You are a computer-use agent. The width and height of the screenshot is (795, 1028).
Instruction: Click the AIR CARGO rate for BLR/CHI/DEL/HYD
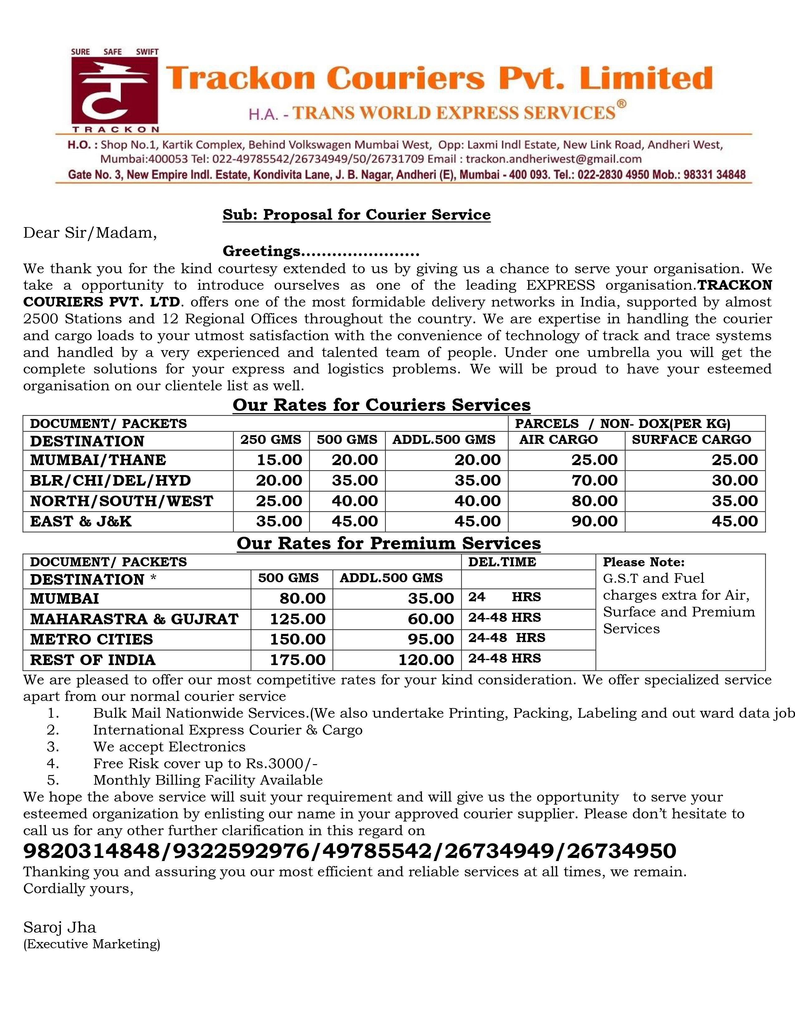pyautogui.click(x=594, y=481)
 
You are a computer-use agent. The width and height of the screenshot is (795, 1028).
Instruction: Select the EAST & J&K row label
pyautogui.click(x=81, y=521)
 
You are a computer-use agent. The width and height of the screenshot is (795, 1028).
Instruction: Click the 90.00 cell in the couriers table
pyautogui.click(x=594, y=521)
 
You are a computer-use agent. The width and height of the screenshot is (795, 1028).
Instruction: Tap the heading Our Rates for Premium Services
pyautogui.click(x=388, y=543)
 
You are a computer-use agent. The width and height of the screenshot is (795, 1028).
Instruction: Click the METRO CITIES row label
pyautogui.click(x=92, y=639)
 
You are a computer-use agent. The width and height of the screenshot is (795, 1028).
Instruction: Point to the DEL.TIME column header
pyautogui.click(x=502, y=562)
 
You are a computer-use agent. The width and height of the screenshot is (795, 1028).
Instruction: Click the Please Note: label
pyautogui.click(x=643, y=562)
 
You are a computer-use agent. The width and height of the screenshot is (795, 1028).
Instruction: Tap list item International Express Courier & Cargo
pyautogui.click(x=228, y=730)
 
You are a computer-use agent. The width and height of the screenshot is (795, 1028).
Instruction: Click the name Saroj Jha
pyautogui.click(x=60, y=928)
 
